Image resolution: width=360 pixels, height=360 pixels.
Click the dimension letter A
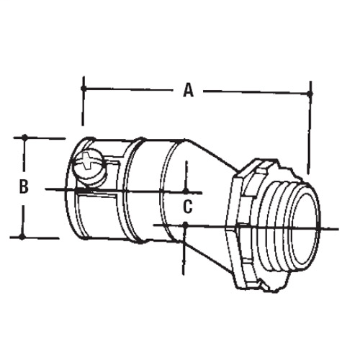188,90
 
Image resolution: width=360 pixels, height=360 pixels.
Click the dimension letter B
24,186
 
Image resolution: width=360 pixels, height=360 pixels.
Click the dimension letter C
186,207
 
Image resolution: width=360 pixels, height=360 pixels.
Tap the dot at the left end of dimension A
84,89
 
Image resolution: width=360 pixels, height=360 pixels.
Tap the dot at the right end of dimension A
310,92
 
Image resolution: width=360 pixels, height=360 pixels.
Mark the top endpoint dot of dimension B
25,137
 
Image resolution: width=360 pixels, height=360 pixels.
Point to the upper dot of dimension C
186,192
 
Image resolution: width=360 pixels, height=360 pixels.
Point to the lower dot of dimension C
186,225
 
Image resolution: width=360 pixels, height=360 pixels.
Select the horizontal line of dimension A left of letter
130,89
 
